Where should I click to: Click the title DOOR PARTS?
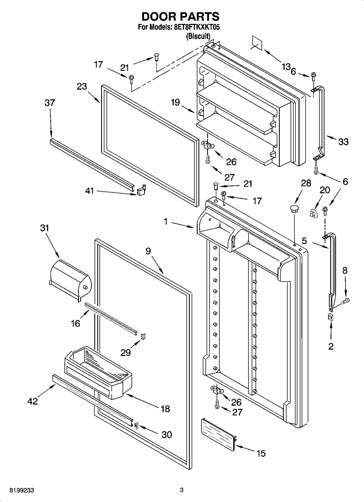pyautogui.click(x=181, y=17)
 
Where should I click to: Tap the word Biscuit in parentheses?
pyautogui.click(x=198, y=36)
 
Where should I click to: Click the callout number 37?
pyautogui.click(x=50, y=103)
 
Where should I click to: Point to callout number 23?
pyautogui.click(x=82, y=86)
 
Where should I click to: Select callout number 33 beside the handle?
pyautogui.click(x=343, y=141)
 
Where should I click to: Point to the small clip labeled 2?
pyautogui.click(x=331, y=317)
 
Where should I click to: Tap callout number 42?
pyautogui.click(x=33, y=401)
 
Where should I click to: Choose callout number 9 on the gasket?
pyautogui.click(x=148, y=251)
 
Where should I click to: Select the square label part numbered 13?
pyautogui.click(x=257, y=43)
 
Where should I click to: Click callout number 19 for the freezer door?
pyautogui.click(x=176, y=102)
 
